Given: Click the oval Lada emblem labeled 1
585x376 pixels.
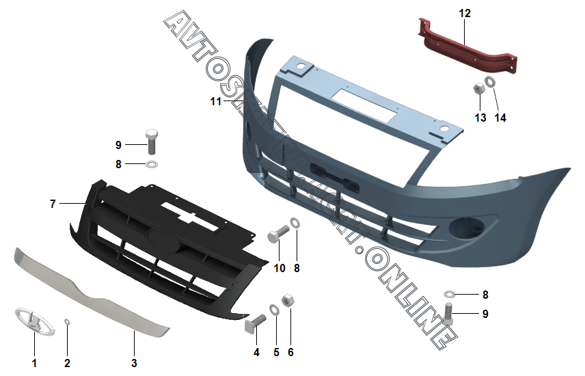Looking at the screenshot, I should pyautogui.click(x=30, y=320).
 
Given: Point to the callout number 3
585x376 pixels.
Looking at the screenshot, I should pyautogui.click(x=134, y=362).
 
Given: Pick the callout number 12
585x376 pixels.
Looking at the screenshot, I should pyautogui.click(x=465, y=13).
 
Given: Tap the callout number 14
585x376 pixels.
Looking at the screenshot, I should pyautogui.click(x=501, y=118).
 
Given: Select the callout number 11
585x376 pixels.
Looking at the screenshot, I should pyautogui.click(x=216, y=102).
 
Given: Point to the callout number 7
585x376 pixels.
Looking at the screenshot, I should pyautogui.click(x=53, y=204).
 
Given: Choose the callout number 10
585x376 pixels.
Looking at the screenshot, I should pyautogui.click(x=280, y=268).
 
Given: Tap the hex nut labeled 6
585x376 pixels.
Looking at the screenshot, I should pyautogui.click(x=288, y=300).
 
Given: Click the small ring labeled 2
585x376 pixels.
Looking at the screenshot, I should pyautogui.click(x=67, y=322).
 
